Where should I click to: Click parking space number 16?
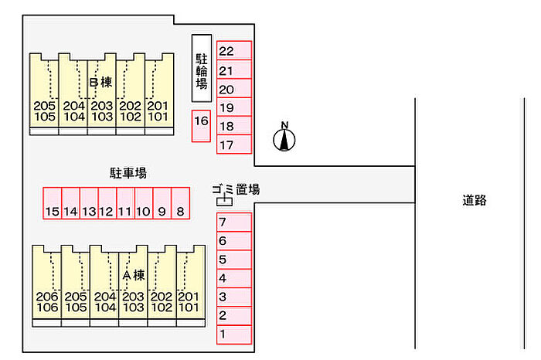click(201, 126)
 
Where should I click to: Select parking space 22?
click(234, 51)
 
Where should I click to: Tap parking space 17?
click(234, 144)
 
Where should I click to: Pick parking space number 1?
click(234, 335)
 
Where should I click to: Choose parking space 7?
click(234, 222)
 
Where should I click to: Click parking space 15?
click(52, 204)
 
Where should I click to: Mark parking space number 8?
click(180, 204)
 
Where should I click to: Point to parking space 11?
click(125, 204)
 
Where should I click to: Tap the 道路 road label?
click(475, 200)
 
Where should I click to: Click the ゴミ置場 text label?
click(236, 188)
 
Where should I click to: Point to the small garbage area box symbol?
click(225, 201)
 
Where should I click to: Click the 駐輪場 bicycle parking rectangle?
click(201, 68)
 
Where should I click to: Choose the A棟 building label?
click(134, 274)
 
